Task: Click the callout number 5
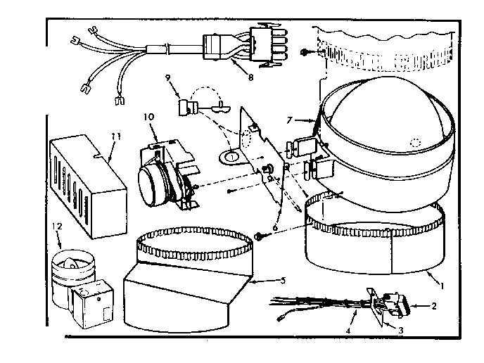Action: point(281,281)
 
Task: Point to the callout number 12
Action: point(58,226)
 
